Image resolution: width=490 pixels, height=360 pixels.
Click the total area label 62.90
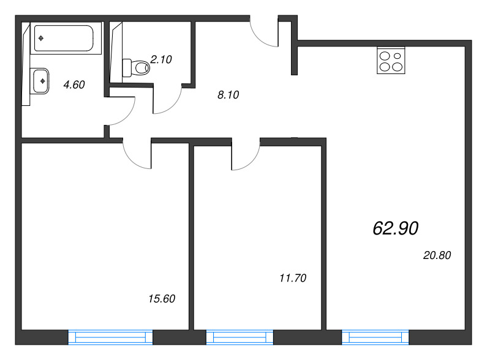pyautogui.click(x=395, y=228)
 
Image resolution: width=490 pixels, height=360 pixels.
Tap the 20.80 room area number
pyautogui.click(x=437, y=255)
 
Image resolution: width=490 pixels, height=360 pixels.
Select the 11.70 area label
pyautogui.click(x=293, y=278)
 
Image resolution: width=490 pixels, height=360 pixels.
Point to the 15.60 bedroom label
pyautogui.click(x=162, y=299)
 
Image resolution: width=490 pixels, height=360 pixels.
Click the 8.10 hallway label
pyautogui.click(x=228, y=95)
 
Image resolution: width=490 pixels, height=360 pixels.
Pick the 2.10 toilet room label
pyautogui.click(x=161, y=59)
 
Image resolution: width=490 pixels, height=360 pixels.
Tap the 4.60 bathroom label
pyautogui.click(x=74, y=84)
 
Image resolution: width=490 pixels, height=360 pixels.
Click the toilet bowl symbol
pyautogui.click(x=136, y=67)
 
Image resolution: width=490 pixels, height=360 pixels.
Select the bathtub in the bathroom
pyautogui.click(x=66, y=38)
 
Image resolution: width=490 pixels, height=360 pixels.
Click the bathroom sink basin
pyautogui.click(x=41, y=81)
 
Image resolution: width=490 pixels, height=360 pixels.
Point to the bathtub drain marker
pyautogui.click(x=41, y=39)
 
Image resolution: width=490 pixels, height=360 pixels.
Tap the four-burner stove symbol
pyautogui.click(x=391, y=61)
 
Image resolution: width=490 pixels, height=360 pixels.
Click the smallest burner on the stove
pyautogui.click(x=397, y=56)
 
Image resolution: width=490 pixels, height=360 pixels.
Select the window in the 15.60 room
pyautogui.click(x=110, y=337)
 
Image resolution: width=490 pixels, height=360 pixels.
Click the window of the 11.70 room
pyautogui.click(x=239, y=337)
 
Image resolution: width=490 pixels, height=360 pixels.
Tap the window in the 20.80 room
pyautogui.click(x=375, y=337)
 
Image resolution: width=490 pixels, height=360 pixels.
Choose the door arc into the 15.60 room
pyautogui.click(x=131, y=160)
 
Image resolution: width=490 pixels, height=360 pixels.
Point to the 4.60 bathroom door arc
pyautogui.click(x=127, y=117)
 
